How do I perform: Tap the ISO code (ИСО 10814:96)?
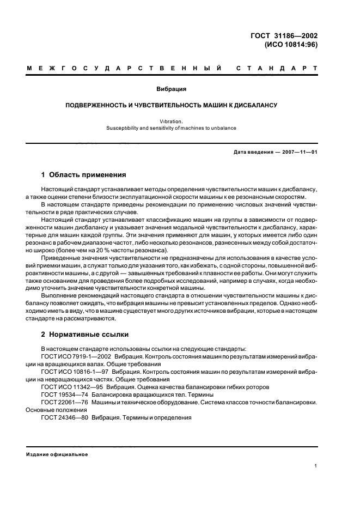tap(290, 45)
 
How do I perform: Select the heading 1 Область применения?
tap(83, 175)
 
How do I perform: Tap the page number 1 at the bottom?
tap(316, 466)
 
